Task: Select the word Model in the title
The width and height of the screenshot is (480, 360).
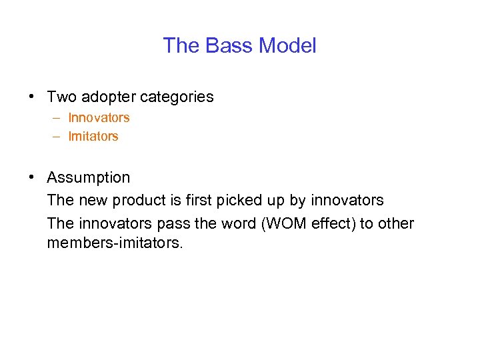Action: (x=287, y=46)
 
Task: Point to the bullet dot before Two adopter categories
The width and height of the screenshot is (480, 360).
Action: (x=32, y=97)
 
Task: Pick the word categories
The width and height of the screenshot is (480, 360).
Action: (x=177, y=97)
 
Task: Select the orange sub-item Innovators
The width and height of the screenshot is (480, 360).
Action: (x=99, y=118)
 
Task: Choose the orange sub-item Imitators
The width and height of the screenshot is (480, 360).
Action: (x=93, y=137)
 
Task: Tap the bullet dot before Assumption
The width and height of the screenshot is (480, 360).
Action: (x=32, y=178)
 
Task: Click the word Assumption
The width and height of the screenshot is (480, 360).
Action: (x=89, y=178)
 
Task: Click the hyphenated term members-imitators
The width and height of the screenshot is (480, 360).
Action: (x=113, y=243)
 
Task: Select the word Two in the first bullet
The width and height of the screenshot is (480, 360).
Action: (x=61, y=97)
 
